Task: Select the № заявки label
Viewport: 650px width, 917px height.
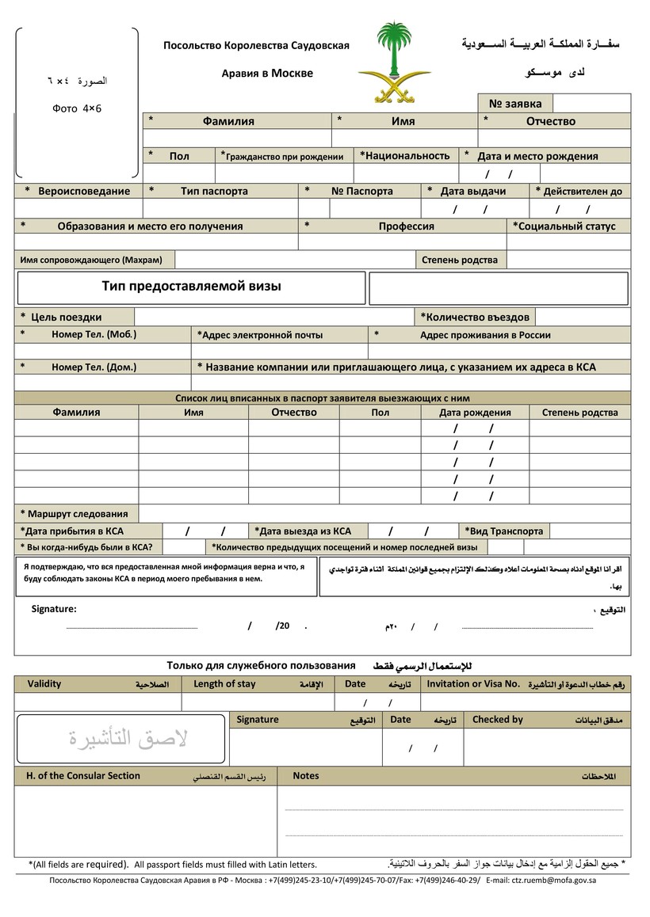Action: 515,103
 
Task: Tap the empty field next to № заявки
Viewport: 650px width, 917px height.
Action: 591,103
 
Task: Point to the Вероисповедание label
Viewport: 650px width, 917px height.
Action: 83,191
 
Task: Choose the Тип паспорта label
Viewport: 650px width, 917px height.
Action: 214,191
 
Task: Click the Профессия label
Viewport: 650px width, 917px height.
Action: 406,226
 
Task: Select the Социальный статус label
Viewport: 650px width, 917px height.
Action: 567,226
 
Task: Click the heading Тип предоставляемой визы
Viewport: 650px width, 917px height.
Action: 191,286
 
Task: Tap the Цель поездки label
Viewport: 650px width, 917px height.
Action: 67,318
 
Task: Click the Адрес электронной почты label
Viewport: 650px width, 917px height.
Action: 262,335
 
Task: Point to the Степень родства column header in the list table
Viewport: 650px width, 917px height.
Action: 579,413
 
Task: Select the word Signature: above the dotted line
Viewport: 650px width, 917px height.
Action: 54,609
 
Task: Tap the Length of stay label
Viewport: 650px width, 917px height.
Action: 225,683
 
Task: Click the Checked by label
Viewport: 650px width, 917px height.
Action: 497,719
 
